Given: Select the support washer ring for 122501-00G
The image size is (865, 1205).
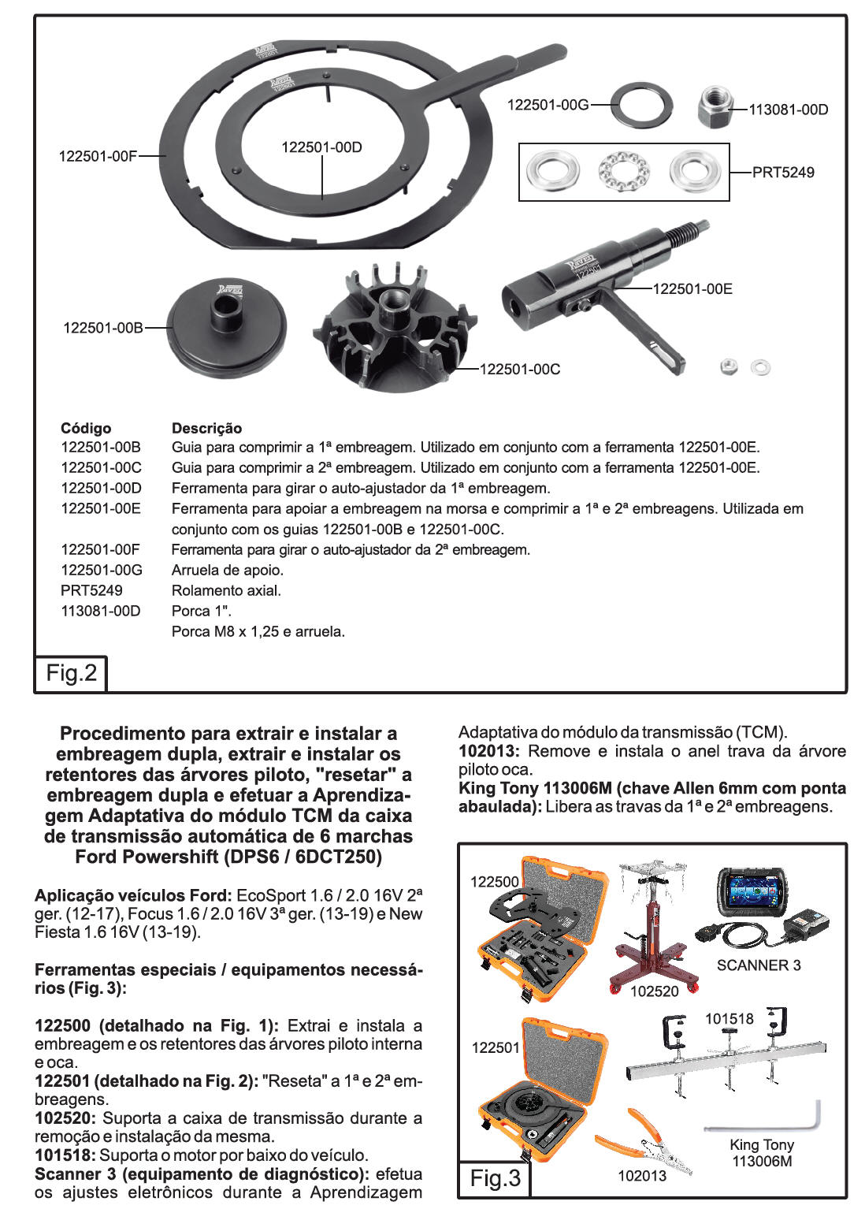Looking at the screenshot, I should [642, 105].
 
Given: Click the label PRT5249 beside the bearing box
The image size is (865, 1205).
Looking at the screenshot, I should [783, 172].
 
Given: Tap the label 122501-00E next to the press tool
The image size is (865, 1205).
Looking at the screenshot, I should [692, 288].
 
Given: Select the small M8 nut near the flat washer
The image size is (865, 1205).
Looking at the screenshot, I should [729, 366].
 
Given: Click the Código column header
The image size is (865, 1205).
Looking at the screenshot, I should [86, 428].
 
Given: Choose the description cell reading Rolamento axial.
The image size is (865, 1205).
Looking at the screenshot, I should [226, 590].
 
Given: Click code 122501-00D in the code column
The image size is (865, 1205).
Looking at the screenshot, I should [101, 488].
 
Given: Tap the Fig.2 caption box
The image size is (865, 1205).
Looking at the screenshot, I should [71, 673].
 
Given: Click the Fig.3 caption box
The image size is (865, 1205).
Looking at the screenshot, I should [495, 1178].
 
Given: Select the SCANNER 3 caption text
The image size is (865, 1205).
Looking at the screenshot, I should [758, 965].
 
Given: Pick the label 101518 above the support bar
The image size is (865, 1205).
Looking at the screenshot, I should [729, 1018].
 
